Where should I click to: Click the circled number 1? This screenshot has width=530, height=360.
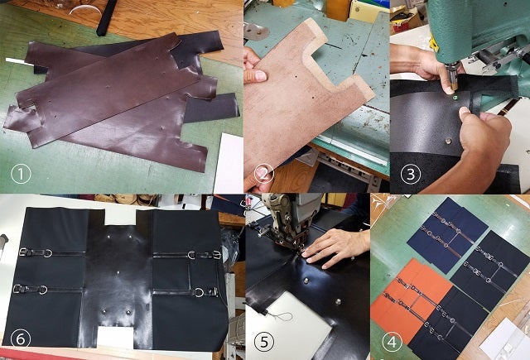(x=21, y=175)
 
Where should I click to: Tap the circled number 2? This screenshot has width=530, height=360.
(x=263, y=174)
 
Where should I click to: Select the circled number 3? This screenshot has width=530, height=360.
(x=411, y=175)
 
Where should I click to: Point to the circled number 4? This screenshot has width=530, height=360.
(x=392, y=343)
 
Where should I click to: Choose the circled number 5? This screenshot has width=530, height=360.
(x=264, y=342)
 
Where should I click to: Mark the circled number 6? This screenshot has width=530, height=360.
(x=21, y=339)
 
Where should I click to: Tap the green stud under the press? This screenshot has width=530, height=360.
(x=455, y=98)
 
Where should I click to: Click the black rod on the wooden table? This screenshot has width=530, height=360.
(x=107, y=17)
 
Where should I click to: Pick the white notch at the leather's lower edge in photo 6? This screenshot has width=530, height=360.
(x=115, y=337)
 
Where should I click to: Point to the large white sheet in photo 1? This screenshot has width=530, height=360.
(x=229, y=164)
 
